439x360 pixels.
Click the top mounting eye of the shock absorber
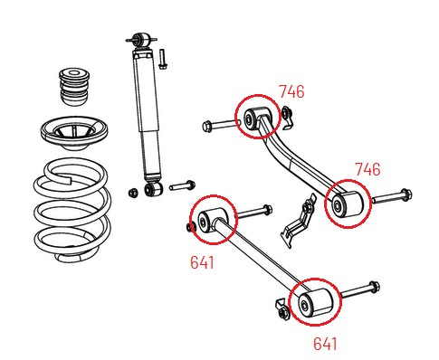tap(141, 40)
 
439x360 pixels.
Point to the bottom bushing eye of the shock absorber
tap(150, 190)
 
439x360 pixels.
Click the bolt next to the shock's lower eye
tap(182, 185)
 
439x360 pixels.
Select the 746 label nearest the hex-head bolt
tap(291, 91)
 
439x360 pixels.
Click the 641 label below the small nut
tap(202, 262)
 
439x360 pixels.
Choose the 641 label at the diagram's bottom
tap(325, 344)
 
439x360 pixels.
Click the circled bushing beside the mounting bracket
tap(345, 205)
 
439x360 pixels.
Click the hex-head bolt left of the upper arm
tap(216, 124)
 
